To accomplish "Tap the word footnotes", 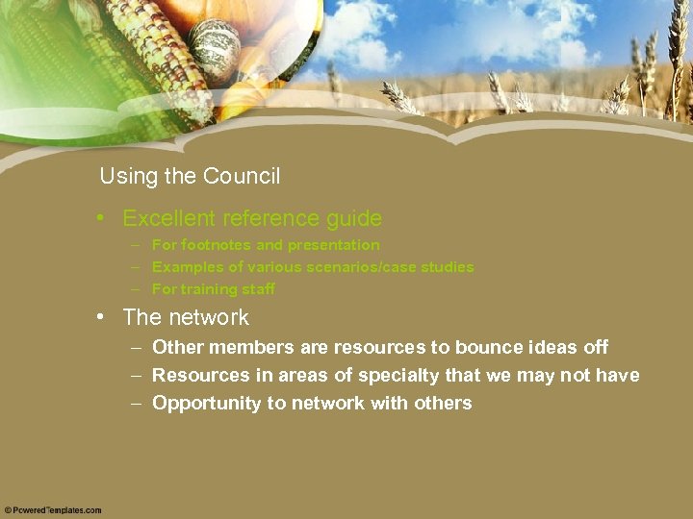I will pyautogui.click(x=215, y=245).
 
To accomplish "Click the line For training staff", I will pyautogui.click(x=214, y=289).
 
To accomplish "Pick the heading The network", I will pyautogui.click(x=186, y=317).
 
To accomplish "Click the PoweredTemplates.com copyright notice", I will pyautogui.click(x=53, y=510).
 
